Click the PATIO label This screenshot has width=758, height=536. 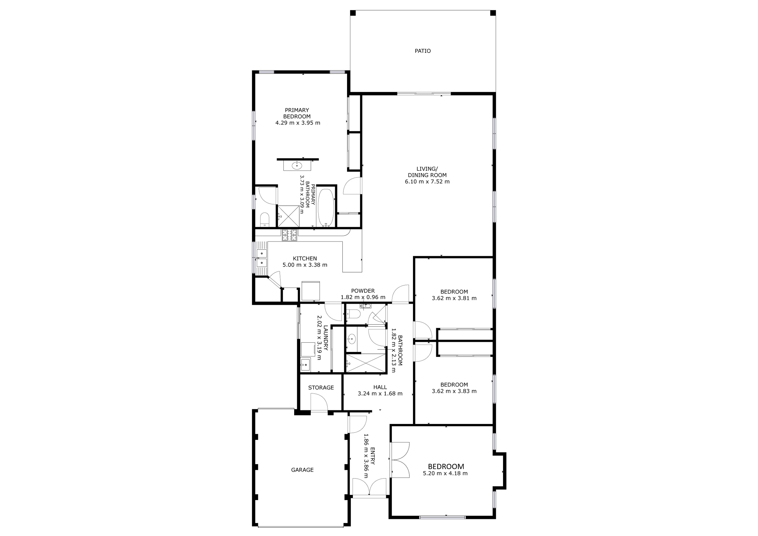(x=422, y=51)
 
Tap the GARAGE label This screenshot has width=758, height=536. (x=302, y=470)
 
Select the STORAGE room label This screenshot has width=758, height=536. (x=321, y=388)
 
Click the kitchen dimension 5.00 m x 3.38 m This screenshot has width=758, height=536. (x=305, y=265)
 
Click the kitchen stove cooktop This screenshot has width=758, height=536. (x=289, y=235)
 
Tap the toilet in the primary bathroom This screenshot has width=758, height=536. (x=265, y=220)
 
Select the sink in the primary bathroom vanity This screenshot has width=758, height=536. (x=297, y=165)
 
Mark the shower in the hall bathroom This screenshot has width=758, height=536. (x=365, y=363)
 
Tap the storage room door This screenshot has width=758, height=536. (x=319, y=403)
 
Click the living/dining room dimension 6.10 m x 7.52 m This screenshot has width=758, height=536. (x=427, y=182)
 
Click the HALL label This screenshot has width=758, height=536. (x=380, y=387)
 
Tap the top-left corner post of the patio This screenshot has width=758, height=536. (x=353, y=13)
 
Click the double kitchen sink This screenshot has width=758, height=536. (x=262, y=258)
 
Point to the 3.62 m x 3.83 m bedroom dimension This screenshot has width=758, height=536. (x=454, y=391)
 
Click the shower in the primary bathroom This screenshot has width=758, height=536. (x=288, y=216)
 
